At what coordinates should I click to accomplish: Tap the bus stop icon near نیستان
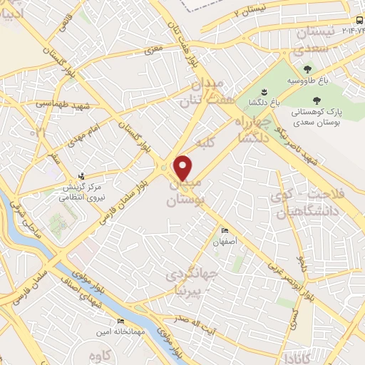tap(356, 21)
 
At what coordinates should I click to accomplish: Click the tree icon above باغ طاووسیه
tap(307, 69)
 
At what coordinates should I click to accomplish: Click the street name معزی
tap(155, 50)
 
